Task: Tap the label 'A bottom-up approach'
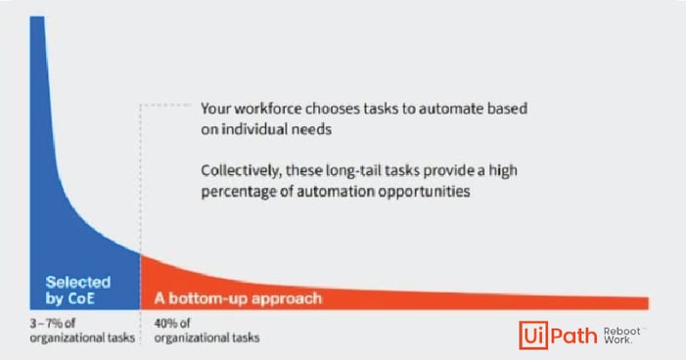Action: (x=237, y=296)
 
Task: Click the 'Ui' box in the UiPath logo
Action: (x=537, y=336)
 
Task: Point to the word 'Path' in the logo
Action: (x=576, y=336)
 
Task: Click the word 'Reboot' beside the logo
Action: (x=623, y=331)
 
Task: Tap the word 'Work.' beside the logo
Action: (x=618, y=341)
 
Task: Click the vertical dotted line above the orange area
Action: (x=142, y=176)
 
